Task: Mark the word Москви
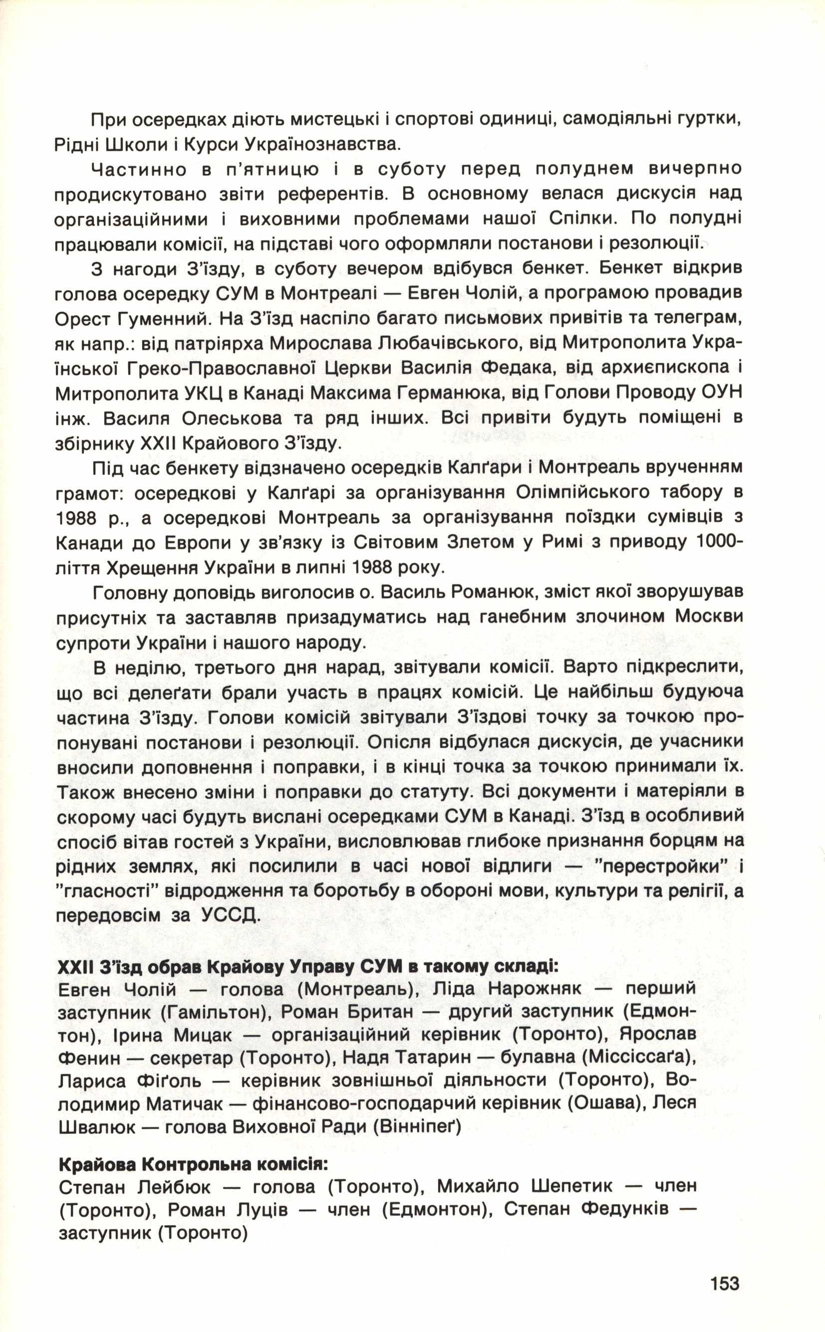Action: pos(709,617)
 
